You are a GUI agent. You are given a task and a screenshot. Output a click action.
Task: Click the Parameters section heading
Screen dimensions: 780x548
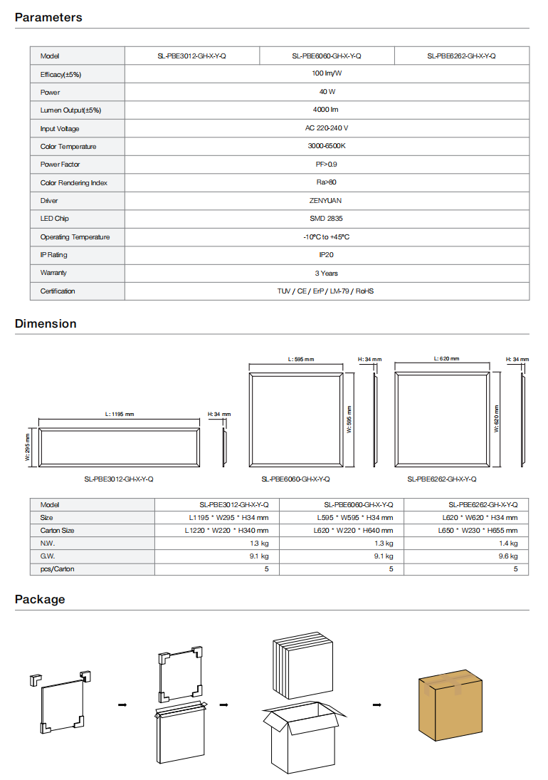coord(48,17)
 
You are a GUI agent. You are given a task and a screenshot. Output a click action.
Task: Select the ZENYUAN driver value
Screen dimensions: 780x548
coord(326,201)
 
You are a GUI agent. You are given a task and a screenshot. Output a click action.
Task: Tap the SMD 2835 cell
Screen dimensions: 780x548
coord(326,219)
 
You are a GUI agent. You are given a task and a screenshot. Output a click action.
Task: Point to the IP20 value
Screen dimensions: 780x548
coord(326,255)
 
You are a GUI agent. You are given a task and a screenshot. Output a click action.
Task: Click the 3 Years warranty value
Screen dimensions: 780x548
coord(326,274)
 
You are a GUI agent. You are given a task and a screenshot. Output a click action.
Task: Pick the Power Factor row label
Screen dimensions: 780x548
coord(60,165)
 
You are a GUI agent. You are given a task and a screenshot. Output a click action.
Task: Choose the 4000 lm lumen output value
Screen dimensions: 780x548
coord(326,110)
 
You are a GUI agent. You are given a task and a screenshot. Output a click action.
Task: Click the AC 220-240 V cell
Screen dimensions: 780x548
coord(326,128)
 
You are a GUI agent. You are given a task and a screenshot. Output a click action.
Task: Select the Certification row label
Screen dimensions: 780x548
coord(58,291)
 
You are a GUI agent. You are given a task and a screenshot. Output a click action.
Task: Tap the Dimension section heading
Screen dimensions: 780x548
coord(46,323)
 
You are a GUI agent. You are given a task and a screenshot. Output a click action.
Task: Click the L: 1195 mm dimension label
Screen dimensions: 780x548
coord(119,414)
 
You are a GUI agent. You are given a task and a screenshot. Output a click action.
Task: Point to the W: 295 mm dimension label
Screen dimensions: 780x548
coord(28,447)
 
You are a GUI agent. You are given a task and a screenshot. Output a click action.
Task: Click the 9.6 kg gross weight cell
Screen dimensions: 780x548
coord(508,556)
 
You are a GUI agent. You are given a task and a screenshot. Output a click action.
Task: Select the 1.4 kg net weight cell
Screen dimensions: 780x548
coord(508,544)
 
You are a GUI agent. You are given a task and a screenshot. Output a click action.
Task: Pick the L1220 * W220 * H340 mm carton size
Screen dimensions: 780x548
coord(226,531)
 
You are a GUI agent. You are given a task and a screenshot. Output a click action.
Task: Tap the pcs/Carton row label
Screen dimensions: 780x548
coord(57,569)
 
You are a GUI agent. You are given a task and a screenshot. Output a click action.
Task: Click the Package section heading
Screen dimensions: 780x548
coord(40,599)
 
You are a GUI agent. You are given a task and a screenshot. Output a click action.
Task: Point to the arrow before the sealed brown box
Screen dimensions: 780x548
coord(377,705)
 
